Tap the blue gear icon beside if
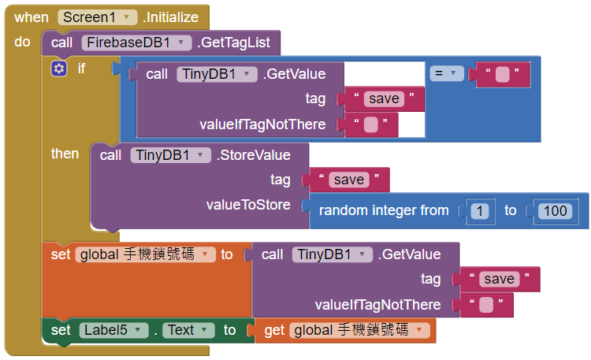59,69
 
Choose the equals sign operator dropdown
447,74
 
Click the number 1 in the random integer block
480,210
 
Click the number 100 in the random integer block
556,210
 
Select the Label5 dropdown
113,331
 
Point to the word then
65,154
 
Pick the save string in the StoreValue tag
348,180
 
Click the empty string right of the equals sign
502,75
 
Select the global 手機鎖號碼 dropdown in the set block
145,254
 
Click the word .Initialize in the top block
169,17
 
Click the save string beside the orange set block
500,280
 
